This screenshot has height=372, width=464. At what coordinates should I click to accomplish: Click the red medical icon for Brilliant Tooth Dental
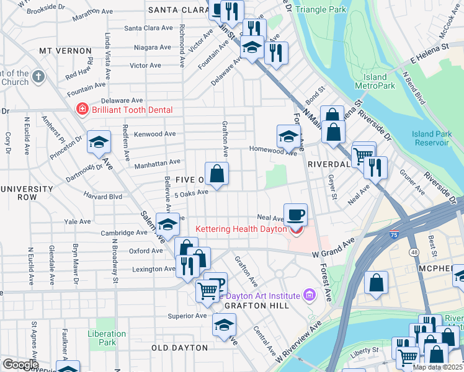pos(81,110)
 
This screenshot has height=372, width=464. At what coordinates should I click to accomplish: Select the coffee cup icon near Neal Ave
pos(295,215)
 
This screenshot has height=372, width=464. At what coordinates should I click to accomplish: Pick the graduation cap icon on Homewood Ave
pos(288,136)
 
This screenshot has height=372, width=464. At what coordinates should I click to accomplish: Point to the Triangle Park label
pos(321,10)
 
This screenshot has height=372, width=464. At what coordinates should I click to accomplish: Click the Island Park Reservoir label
pos(430,138)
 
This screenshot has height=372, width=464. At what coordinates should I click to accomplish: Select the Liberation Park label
pos(107,338)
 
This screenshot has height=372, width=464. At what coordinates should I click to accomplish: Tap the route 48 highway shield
pos(414,252)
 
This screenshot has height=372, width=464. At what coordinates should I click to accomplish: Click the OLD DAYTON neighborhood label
pos(179,348)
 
